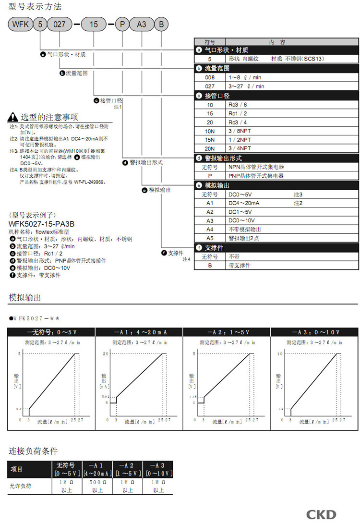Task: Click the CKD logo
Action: click(x=321, y=514)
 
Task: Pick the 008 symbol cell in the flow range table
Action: click(x=210, y=77)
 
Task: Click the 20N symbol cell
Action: click(x=210, y=149)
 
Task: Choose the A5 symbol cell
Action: click(x=210, y=238)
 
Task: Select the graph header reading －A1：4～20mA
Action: click(x=139, y=332)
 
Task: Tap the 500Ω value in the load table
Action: click(x=97, y=482)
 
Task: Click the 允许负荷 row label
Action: click(x=19, y=486)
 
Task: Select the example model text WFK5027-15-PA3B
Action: click(x=42, y=224)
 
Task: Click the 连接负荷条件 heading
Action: click(x=33, y=451)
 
